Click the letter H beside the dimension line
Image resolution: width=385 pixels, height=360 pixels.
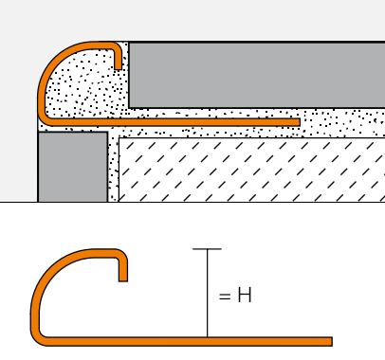coord(245,295)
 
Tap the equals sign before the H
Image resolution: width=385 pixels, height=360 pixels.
coord(225,297)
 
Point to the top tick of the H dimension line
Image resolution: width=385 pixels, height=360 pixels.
coord(207,249)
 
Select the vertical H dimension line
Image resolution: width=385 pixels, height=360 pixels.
coord(208,293)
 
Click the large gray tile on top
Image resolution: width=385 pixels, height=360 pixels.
coord(257,75)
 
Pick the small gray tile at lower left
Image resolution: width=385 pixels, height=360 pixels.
coord(73,167)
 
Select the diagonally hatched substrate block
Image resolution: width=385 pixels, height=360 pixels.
coord(251,170)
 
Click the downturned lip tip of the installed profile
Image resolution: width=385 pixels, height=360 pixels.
coord(118,67)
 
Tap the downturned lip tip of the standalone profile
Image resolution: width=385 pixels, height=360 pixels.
coord(123,279)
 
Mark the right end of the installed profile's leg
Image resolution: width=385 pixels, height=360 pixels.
coord(299,122)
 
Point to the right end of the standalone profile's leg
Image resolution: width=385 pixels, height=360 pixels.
coord(332,341)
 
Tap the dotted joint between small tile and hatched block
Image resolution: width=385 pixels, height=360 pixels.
coord(113,168)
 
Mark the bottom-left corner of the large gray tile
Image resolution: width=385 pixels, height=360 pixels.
coord(129,108)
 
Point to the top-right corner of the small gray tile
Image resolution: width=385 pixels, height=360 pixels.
coord(107,133)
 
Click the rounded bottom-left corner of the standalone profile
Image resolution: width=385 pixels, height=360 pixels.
coord(37,339)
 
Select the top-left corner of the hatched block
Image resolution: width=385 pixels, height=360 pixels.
coord(119,138)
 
